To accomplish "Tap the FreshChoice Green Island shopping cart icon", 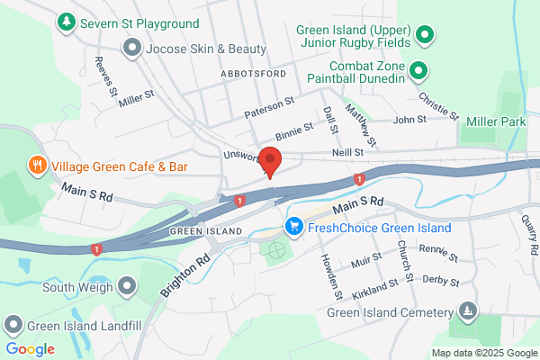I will [293, 227].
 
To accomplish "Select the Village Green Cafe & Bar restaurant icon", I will [37, 166].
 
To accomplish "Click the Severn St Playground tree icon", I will [66, 20].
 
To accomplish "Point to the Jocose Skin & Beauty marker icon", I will [132, 48].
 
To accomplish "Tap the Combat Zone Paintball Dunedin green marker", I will [418, 70].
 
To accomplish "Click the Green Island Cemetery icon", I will [467, 312].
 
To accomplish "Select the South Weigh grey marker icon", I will [127, 287].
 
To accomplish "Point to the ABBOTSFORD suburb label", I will [252, 73].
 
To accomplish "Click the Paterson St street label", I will [269, 107].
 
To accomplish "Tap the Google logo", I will [30, 349].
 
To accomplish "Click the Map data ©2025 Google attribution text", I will [482, 352].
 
